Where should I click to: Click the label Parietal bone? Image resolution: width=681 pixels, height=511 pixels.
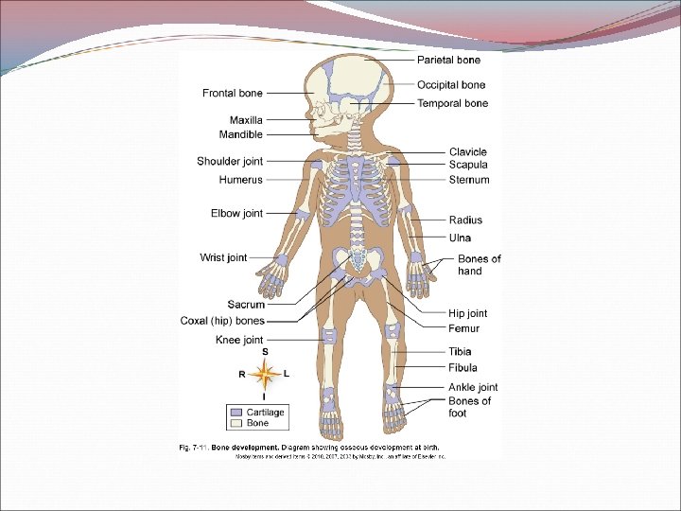(x=449, y=61)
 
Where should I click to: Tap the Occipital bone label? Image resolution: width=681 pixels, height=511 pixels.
(x=451, y=85)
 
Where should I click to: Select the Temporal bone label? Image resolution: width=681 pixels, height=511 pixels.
(x=453, y=103)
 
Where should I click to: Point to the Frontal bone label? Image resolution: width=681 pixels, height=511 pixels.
(x=233, y=93)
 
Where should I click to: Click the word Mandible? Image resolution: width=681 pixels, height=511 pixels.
(x=240, y=134)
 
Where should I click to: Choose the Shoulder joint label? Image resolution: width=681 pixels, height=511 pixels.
(x=230, y=161)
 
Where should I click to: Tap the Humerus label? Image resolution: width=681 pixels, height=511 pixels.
(x=240, y=179)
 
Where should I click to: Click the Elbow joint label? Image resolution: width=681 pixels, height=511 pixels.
(x=236, y=214)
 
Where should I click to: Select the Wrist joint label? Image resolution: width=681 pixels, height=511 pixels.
(x=223, y=257)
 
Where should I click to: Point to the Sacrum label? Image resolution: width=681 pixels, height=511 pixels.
(x=246, y=305)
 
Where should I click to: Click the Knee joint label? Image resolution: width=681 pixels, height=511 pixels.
(x=239, y=340)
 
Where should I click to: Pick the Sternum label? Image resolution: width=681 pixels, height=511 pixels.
(x=469, y=180)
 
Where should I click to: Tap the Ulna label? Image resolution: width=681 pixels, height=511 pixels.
(x=460, y=238)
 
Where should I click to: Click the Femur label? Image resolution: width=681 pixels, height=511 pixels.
(x=463, y=328)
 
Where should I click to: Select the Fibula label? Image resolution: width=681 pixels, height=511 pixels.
(x=463, y=367)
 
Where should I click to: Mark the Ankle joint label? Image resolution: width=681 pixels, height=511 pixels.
(x=473, y=387)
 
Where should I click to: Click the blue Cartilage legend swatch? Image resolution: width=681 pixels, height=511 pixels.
(x=236, y=413)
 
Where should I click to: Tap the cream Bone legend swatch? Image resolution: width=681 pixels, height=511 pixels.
(x=236, y=423)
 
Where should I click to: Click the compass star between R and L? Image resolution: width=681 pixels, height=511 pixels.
(x=266, y=374)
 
